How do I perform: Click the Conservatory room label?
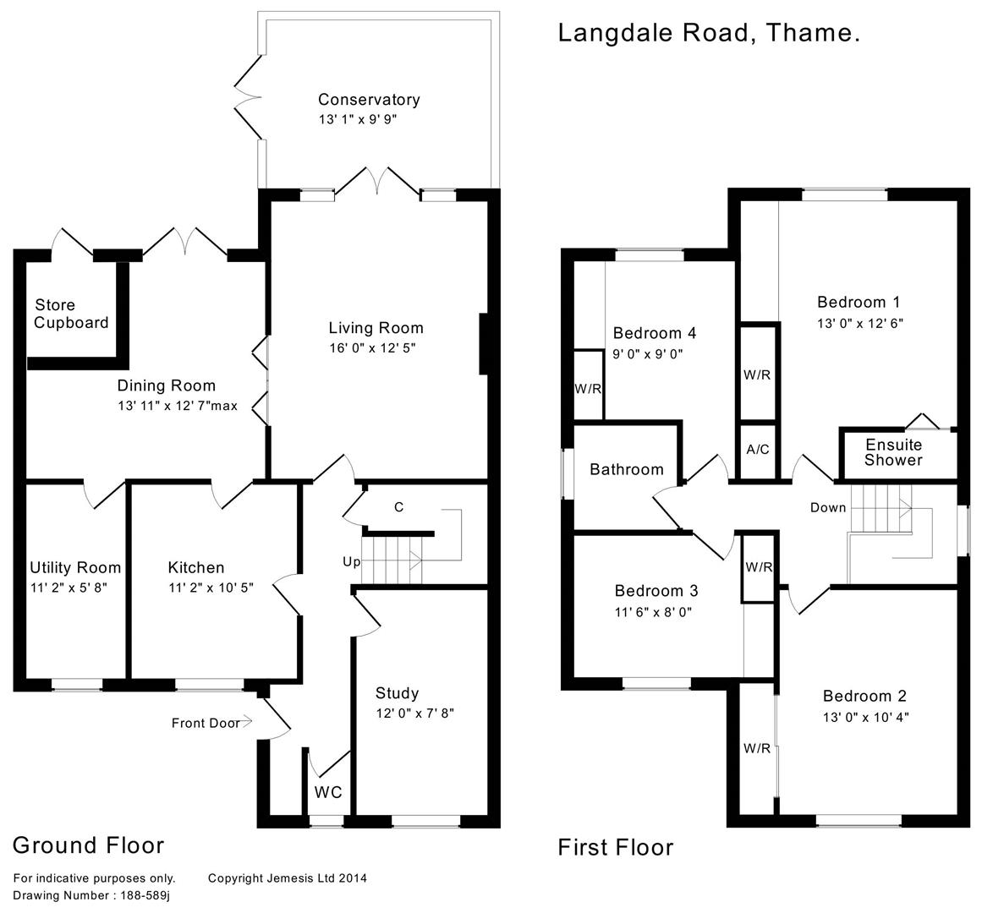pyautogui.click(x=369, y=100)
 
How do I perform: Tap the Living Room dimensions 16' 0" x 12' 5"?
pyautogui.click(x=373, y=347)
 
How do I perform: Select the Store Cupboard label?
pyautogui.click(x=72, y=314)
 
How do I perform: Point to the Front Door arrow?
pyautogui.click(x=246, y=722)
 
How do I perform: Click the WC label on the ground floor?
pyautogui.click(x=328, y=792)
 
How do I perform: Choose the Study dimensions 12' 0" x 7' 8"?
pyautogui.click(x=415, y=713)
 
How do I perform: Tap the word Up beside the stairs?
pyautogui.click(x=351, y=561)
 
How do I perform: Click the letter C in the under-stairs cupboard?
pyautogui.click(x=398, y=507)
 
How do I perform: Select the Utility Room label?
pyautogui.click(x=75, y=567)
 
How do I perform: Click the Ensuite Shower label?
pyautogui.click(x=893, y=452)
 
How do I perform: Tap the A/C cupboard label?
pyautogui.click(x=758, y=449)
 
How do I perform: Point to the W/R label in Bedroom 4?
pyautogui.click(x=587, y=389)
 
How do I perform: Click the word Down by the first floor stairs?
pyautogui.click(x=827, y=507)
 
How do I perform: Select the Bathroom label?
pyautogui.click(x=627, y=469)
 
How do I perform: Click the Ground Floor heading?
pyautogui.click(x=89, y=845)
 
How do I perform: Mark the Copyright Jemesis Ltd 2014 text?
pyautogui.click(x=287, y=878)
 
